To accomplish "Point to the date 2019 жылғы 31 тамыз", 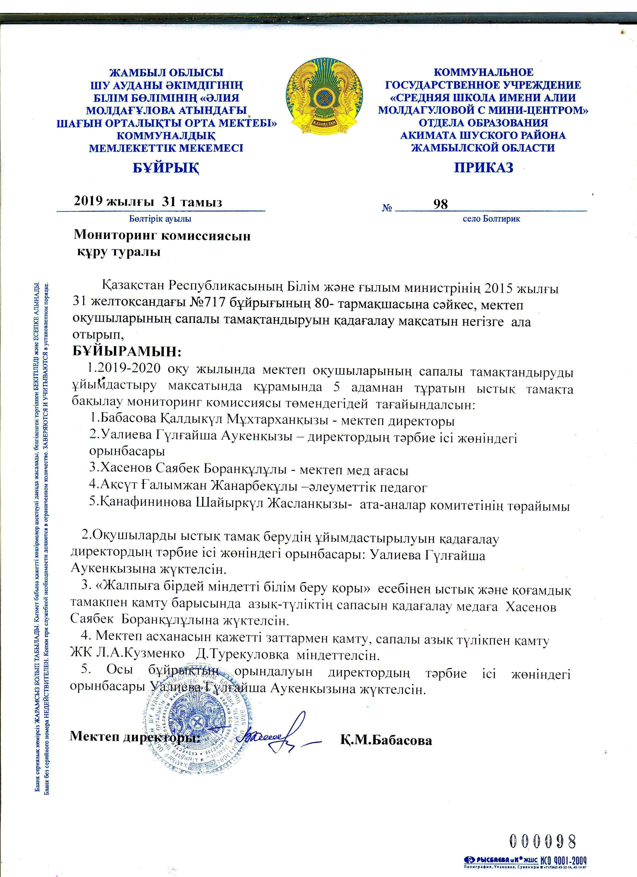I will (148, 202).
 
